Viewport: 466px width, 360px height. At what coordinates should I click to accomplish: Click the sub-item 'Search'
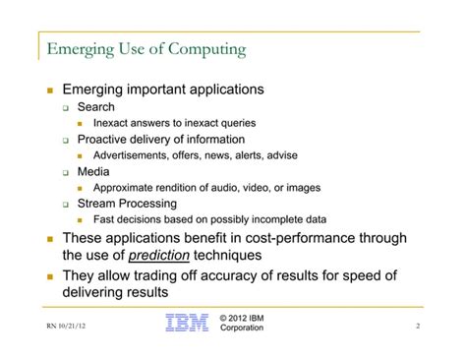[95, 107]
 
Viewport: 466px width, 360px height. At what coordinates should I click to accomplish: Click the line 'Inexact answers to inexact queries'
[174, 123]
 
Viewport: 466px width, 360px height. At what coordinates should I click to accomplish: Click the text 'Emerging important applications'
[163, 90]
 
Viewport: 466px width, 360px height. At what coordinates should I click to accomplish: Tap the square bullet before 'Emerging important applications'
[49, 90]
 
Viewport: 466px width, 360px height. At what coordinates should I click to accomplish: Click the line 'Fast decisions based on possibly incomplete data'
[209, 219]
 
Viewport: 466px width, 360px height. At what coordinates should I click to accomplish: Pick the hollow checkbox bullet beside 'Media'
[67, 172]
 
